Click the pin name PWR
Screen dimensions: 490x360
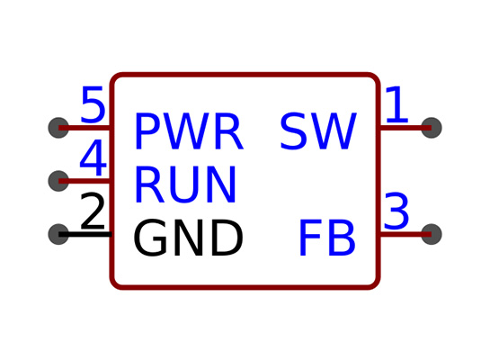tap(189, 131)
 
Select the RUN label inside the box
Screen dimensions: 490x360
tap(185, 184)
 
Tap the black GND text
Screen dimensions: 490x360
tap(188, 238)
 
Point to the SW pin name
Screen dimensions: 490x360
tap(318, 131)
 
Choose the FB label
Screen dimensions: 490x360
tap(327, 238)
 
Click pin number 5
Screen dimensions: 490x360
tap(93, 104)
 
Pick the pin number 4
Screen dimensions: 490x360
tap(94, 157)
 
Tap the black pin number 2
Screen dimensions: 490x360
tap(93, 211)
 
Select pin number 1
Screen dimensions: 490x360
tap(396, 104)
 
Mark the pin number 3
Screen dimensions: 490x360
tap(396, 211)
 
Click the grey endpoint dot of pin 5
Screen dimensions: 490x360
tap(58, 128)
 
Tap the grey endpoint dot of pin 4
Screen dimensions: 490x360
tap(58, 181)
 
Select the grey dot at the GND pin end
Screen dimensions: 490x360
tap(58, 234)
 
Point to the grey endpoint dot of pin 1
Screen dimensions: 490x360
tap(432, 128)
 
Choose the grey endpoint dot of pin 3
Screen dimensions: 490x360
tap(432, 234)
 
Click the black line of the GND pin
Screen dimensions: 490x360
tap(85, 234)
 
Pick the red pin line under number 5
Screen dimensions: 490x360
tap(85, 128)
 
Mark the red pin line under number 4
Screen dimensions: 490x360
tap(85, 181)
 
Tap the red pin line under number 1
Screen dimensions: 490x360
tap(405, 128)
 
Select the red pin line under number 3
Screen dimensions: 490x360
tap(405, 234)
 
